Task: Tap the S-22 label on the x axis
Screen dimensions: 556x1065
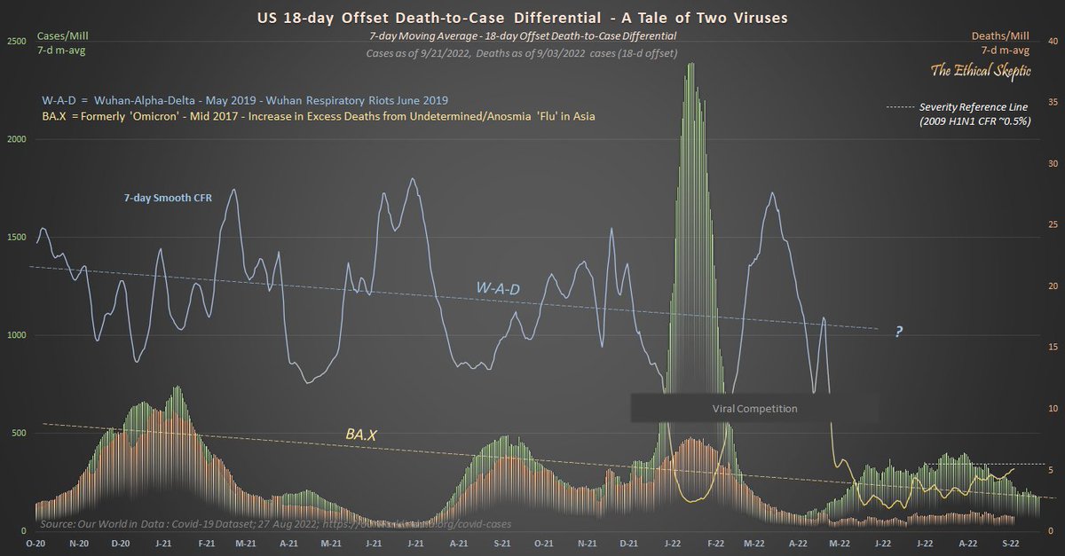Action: coord(1010,542)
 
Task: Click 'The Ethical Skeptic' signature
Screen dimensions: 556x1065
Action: coord(979,70)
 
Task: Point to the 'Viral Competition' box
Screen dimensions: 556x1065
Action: coord(754,409)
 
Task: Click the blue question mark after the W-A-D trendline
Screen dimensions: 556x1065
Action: coord(899,332)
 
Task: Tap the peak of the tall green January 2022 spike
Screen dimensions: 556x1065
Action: coord(690,64)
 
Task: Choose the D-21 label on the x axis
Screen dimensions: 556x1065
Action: coord(628,542)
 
